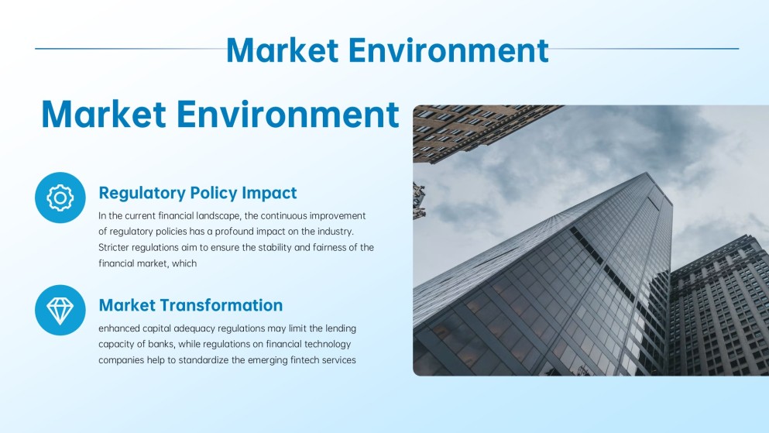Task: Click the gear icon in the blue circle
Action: (x=60, y=198)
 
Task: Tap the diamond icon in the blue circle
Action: (x=60, y=311)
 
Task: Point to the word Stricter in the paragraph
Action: (x=117, y=247)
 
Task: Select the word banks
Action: (x=175, y=344)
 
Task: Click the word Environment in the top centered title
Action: (x=448, y=50)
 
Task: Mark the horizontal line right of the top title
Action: (x=643, y=49)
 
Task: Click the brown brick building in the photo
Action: (x=465, y=128)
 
